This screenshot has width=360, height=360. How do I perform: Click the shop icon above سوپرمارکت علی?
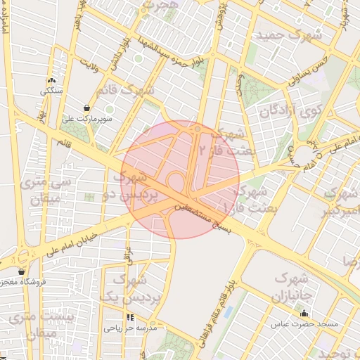86,108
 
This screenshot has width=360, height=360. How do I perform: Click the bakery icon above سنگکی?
51,81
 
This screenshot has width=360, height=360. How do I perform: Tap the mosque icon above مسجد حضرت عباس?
304,314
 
